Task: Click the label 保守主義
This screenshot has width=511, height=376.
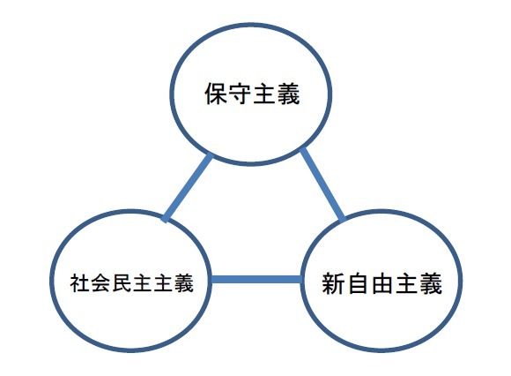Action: coord(252,94)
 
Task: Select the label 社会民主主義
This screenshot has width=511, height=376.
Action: coord(131,282)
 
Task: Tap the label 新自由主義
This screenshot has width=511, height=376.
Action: coord(382,283)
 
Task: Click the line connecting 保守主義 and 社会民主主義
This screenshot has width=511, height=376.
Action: coord(188,188)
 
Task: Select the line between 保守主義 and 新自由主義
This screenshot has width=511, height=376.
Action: coord(322,184)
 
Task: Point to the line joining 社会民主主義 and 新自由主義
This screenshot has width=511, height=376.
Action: coord(255,280)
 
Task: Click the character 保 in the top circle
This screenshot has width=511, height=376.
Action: coord(216,94)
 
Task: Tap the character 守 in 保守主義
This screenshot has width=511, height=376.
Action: coord(241,94)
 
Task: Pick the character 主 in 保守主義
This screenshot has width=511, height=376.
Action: coord(264,94)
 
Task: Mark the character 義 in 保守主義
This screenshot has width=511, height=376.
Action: coord(288,94)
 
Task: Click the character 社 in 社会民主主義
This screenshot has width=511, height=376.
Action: coord(80,282)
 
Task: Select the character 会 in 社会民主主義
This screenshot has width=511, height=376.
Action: coord(100,282)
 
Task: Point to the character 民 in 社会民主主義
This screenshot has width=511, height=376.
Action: coord(122,282)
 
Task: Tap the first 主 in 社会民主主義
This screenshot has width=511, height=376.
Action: coord(142,282)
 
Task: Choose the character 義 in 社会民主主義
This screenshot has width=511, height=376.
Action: coord(184,282)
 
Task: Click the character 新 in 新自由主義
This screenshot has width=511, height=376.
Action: coord(334,283)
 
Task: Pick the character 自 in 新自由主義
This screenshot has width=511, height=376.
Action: coord(358,283)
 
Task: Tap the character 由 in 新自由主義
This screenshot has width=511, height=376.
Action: coord(382,283)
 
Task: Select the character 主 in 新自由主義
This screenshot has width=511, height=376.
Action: coord(406,283)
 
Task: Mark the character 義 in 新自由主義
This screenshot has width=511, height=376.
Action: coord(431,283)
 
